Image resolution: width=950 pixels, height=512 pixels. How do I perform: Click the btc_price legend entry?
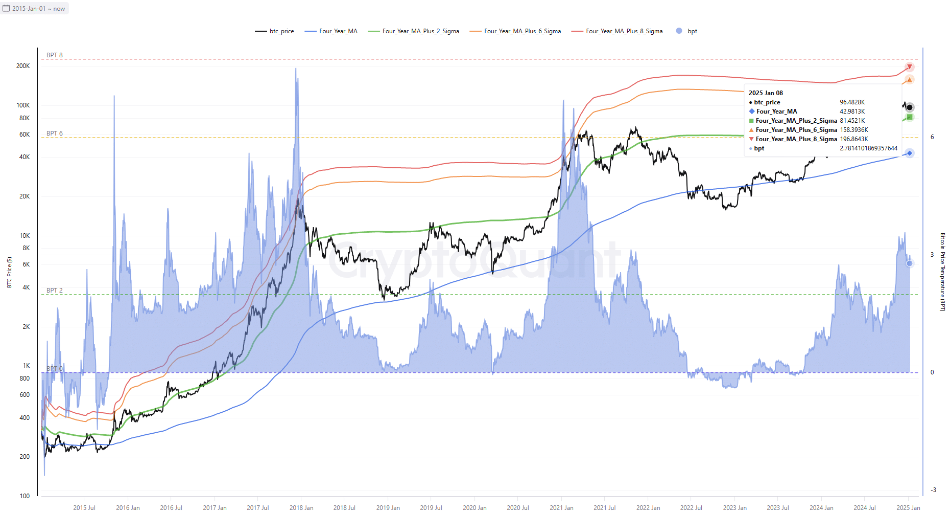pos(274,31)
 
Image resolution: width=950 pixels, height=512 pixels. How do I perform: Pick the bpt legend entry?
pos(686,31)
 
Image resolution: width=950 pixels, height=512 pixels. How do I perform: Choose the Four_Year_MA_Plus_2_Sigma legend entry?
pos(413,31)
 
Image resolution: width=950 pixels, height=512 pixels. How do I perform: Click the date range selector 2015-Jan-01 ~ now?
pos(34,9)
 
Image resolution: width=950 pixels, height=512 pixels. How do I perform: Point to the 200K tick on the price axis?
pos(23,66)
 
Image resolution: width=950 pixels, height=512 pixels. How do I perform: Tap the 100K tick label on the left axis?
pos(23,105)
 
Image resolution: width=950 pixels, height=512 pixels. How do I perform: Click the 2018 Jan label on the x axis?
pos(301,508)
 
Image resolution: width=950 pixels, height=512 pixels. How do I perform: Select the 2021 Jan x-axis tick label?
pos(561,508)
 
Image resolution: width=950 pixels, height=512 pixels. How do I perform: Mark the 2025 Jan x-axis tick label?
pos(908,508)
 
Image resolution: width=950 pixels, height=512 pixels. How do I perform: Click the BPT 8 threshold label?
pos(55,55)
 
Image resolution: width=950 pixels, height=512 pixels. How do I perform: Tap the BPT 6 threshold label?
pos(55,133)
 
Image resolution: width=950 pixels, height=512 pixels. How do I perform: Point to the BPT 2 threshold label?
pos(55,291)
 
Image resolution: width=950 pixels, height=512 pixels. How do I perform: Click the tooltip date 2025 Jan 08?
pos(766,93)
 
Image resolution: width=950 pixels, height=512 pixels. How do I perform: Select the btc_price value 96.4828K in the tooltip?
pos(852,102)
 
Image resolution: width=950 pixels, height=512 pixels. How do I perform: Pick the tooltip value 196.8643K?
pos(854,139)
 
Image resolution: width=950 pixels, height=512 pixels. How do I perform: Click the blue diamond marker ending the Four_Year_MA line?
pos(910,153)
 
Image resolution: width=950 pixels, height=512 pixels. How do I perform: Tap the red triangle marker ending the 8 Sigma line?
pos(910,67)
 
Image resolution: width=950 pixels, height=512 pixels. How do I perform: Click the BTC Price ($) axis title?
pos(9,272)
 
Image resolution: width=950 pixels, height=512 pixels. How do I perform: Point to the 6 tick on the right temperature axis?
pos(932,137)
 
